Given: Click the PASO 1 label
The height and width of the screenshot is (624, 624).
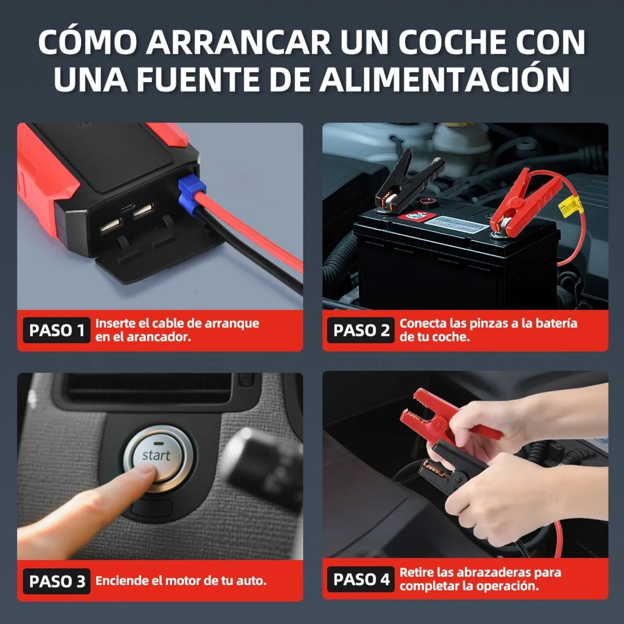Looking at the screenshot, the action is point(57,330).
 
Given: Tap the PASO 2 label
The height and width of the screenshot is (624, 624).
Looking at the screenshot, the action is point(361,330).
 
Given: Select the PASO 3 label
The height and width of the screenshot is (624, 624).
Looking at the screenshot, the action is point(57,581).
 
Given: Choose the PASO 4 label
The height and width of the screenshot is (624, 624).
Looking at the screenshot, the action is point(361,579).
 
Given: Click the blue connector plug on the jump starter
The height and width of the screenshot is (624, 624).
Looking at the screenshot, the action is point(192,194).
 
